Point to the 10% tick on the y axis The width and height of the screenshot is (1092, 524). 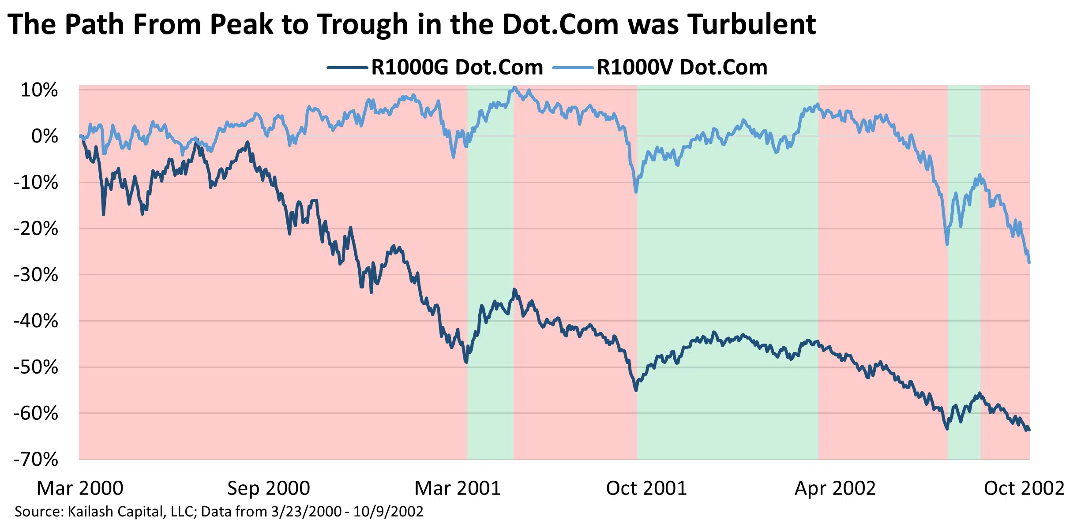[39, 90]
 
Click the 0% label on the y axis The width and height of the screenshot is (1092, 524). [45, 136]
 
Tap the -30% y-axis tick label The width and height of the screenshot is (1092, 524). [36, 275]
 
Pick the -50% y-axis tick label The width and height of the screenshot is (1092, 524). [36, 367]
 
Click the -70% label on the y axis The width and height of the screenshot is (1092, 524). [36, 460]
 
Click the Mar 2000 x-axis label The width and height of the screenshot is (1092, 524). [80, 488]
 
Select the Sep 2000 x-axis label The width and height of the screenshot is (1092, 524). [268, 488]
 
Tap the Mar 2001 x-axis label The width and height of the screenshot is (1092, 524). [458, 488]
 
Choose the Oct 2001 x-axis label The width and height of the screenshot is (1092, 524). [646, 488]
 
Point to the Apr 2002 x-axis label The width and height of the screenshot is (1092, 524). [835, 488]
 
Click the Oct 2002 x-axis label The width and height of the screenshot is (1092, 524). [1024, 488]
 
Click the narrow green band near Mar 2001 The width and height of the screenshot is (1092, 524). [490, 397]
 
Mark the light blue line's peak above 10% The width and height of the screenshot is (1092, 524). [514, 87]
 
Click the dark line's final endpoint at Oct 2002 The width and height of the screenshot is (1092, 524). [1029, 430]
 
